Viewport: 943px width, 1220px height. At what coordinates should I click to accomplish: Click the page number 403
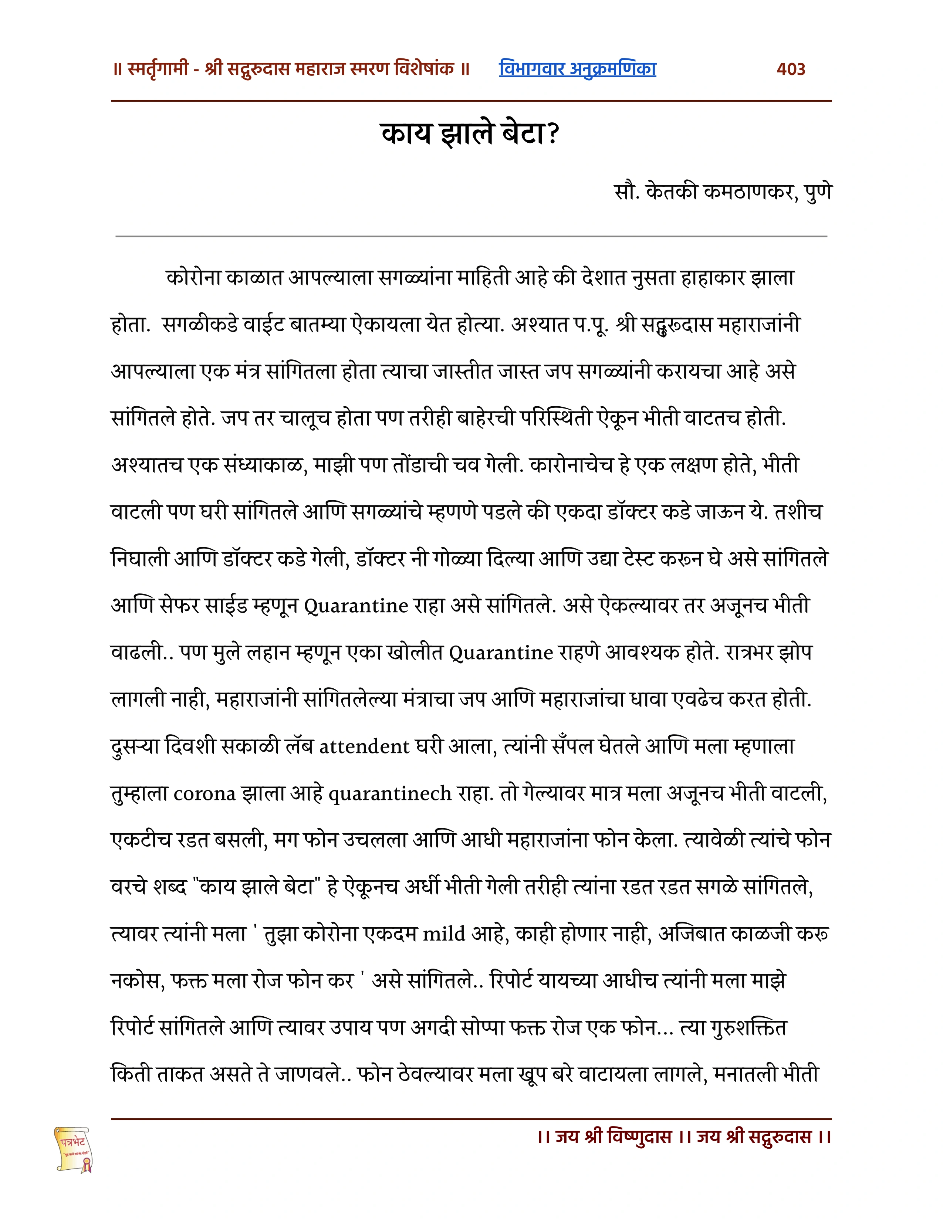[x=791, y=69]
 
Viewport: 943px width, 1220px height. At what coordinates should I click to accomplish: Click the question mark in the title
[x=553, y=134]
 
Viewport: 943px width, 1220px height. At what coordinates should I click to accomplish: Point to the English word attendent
[x=364, y=747]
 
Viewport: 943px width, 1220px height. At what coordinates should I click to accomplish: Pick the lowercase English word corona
[x=205, y=794]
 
